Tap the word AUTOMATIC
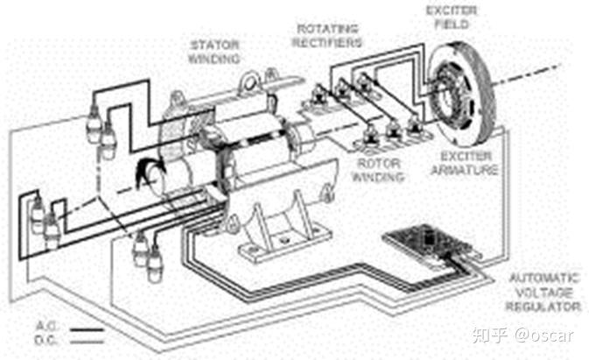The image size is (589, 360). [x=543, y=279]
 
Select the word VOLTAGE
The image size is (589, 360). [x=543, y=293]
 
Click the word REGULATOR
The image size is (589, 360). [x=543, y=307]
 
